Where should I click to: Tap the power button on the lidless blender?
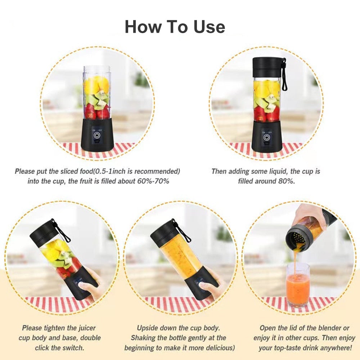coord(97,135)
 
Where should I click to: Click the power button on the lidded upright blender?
coord(266,138)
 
